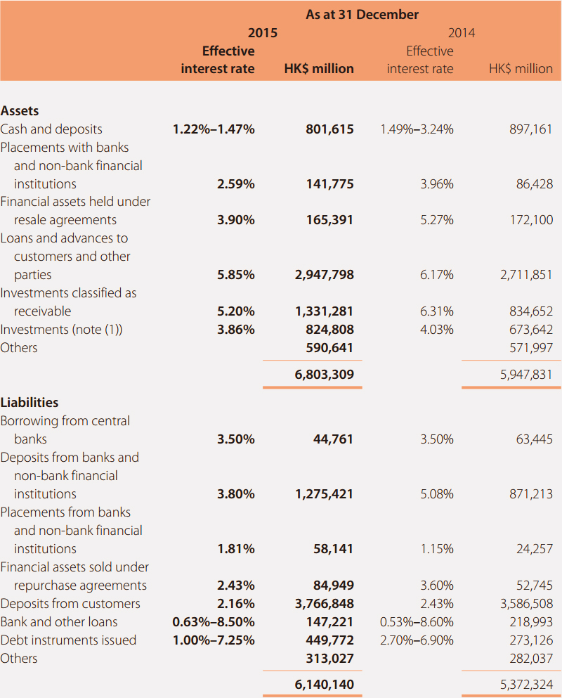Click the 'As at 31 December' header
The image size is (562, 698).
click(362, 15)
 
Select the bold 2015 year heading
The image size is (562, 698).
click(263, 33)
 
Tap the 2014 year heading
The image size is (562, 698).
click(462, 33)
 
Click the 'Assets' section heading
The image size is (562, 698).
click(20, 111)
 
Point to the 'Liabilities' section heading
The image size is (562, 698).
click(30, 402)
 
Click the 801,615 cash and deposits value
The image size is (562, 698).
click(329, 129)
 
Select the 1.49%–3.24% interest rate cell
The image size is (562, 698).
click(417, 129)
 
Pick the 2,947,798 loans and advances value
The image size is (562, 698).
click(325, 275)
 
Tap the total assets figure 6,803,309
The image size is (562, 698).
click(325, 375)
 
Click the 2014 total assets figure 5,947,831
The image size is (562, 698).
click(526, 375)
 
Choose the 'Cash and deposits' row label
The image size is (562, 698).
click(51, 129)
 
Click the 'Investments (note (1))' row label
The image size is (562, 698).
click(61, 330)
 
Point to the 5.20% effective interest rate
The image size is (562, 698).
click(236, 311)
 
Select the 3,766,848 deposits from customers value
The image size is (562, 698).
click(325, 604)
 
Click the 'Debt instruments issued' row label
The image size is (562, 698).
click(68, 640)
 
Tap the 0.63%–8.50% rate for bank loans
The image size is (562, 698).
click(214, 622)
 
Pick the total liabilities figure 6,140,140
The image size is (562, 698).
click(325, 685)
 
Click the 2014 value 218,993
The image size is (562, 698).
click(531, 622)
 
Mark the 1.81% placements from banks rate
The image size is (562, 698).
click(236, 549)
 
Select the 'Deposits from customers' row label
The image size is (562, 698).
click(70, 604)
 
